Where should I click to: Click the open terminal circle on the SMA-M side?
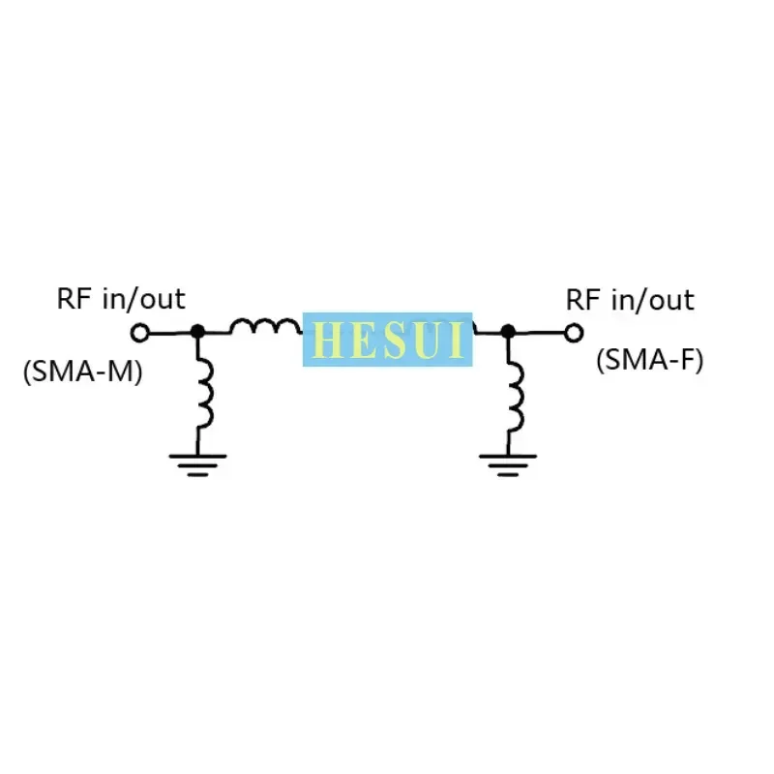pyautogui.click(x=140, y=333)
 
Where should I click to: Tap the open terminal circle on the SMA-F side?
pyautogui.click(x=574, y=333)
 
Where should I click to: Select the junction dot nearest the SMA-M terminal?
pyautogui.click(x=197, y=331)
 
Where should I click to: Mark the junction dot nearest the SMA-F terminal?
pyautogui.click(x=508, y=331)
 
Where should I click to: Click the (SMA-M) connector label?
pyautogui.click(x=82, y=372)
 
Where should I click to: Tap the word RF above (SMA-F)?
pyautogui.click(x=583, y=299)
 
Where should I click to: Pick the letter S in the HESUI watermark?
pyautogui.click(x=389, y=340)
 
